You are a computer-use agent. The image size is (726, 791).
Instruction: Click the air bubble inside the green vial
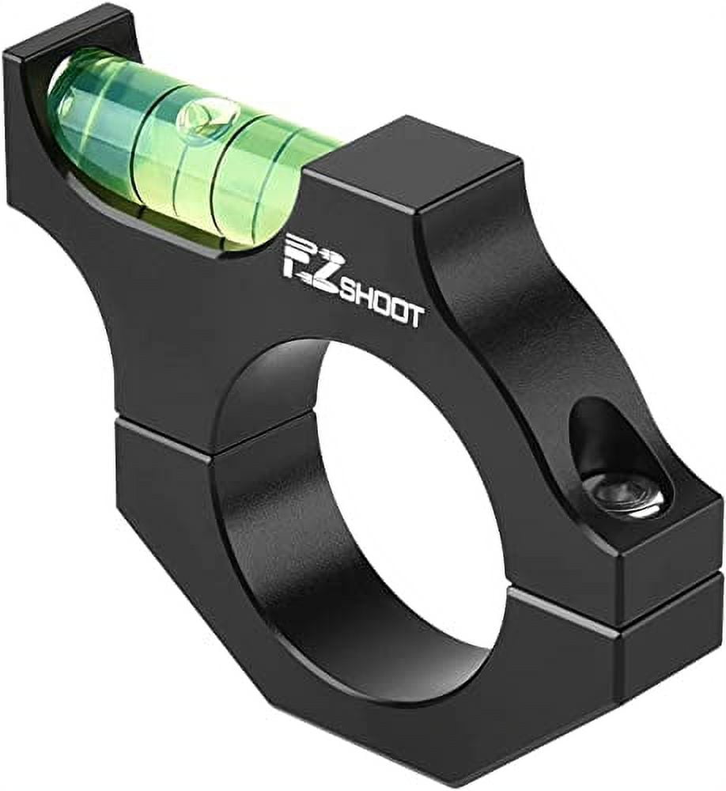(195, 119)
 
